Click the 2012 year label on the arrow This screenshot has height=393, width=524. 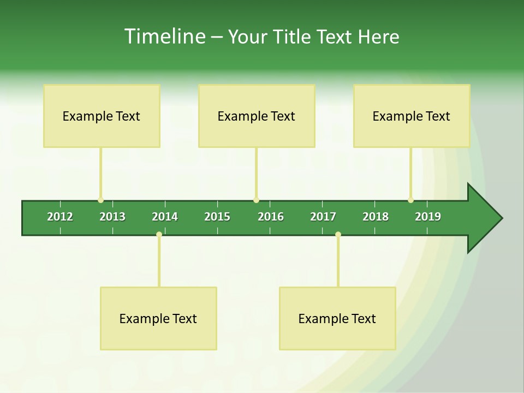[x=60, y=217]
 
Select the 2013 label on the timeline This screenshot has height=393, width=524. [x=112, y=217]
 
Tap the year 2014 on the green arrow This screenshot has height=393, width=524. [x=165, y=217]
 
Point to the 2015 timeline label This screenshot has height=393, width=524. [x=217, y=217]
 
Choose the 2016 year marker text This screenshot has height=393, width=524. [x=271, y=217]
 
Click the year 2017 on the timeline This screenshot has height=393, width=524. [x=323, y=217]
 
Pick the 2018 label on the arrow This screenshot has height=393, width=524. [x=376, y=217]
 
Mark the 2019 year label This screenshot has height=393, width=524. [x=428, y=217]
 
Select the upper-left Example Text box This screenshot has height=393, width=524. [x=102, y=116]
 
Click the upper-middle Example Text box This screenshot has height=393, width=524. [x=257, y=116]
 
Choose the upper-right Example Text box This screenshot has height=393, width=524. [x=412, y=116]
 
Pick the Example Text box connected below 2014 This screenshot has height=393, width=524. [x=158, y=318]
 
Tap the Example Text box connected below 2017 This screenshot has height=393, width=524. [x=337, y=318]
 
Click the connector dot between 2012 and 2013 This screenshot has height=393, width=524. [x=100, y=200]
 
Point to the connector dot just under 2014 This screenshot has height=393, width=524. [x=159, y=235]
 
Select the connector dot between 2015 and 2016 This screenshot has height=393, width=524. [x=256, y=200]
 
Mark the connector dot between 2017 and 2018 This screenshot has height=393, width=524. [x=338, y=235]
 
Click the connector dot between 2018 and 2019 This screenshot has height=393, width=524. [x=410, y=200]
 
